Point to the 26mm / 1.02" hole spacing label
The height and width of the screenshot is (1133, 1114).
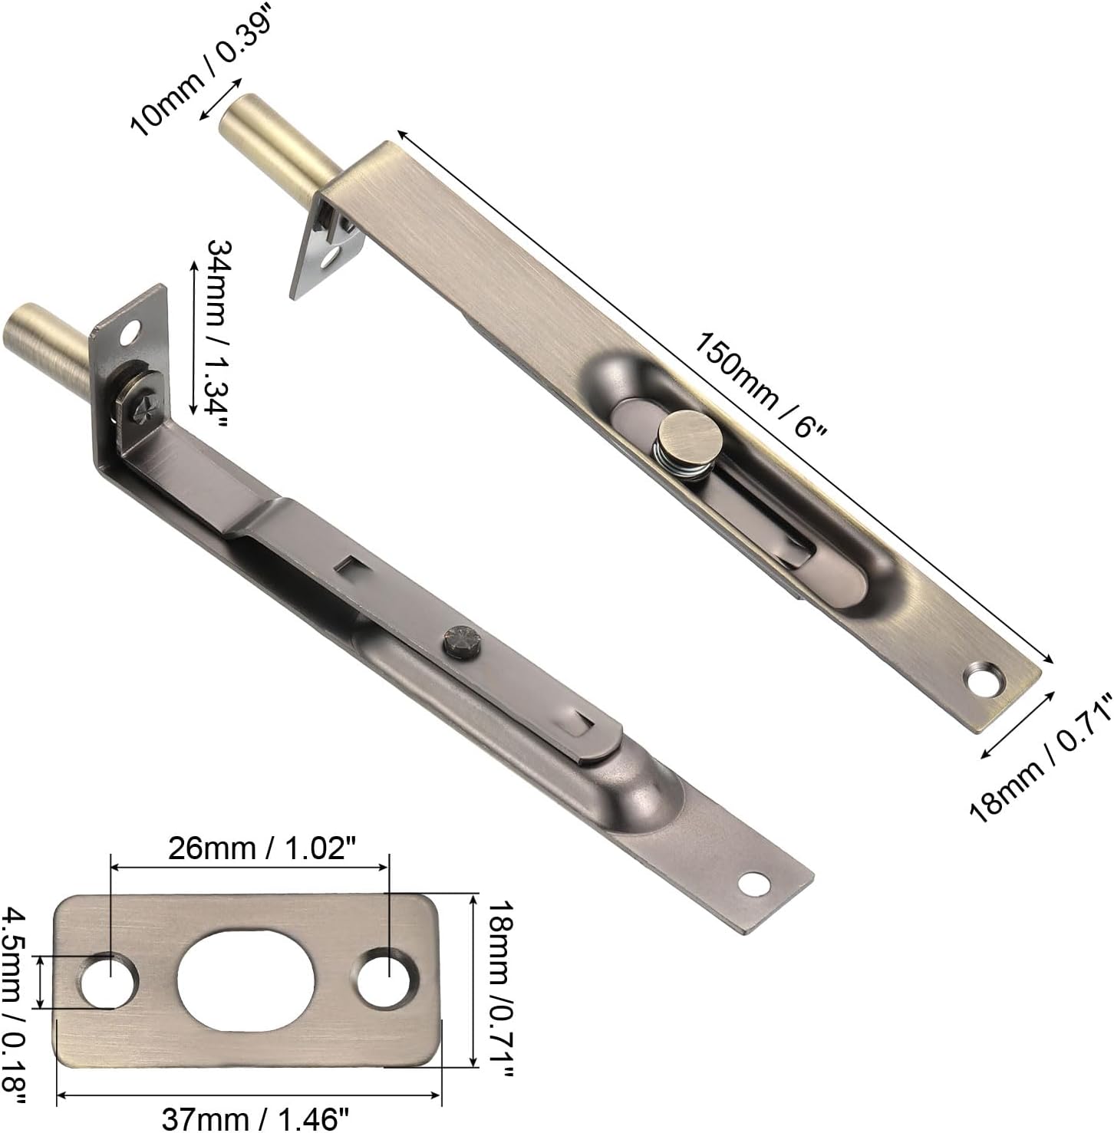click(x=249, y=849)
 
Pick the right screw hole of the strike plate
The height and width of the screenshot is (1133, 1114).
click(x=389, y=976)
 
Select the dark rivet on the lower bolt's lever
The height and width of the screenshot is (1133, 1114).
click(x=461, y=641)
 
